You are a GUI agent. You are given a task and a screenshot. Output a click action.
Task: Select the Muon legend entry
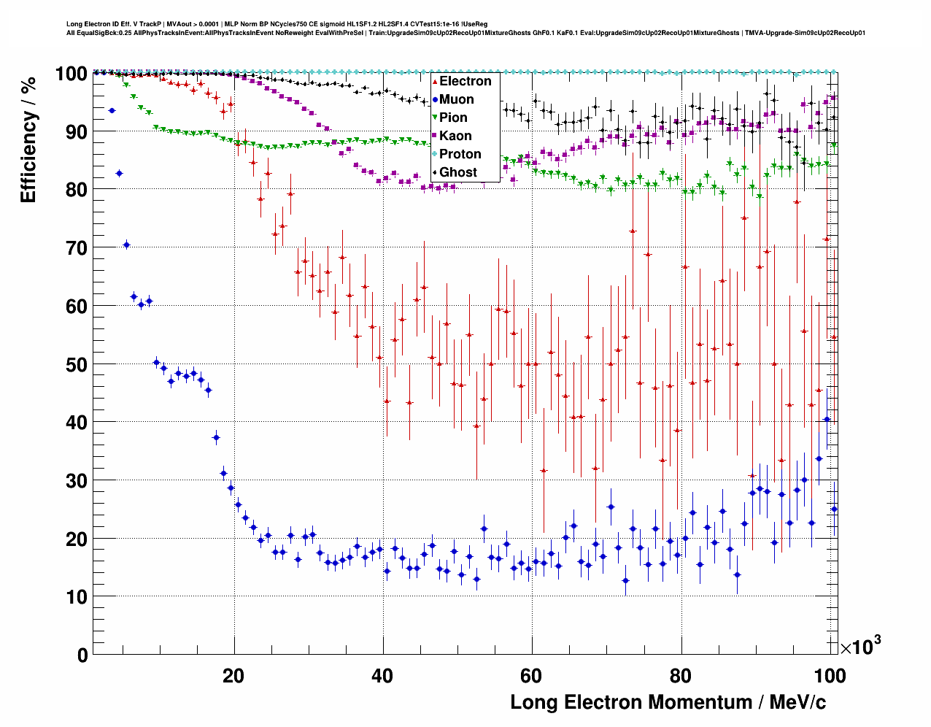pos(456,99)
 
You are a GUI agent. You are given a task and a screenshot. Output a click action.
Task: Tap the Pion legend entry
pos(453,118)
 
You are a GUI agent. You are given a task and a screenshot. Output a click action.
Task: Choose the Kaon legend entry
pos(455,136)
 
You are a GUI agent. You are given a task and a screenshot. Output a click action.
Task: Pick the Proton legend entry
pos(460,154)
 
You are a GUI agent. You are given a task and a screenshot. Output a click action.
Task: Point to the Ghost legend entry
pos(457,172)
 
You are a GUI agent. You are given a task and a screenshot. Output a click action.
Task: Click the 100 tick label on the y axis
pos(71,74)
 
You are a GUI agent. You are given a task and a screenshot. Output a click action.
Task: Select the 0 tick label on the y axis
pos(82,655)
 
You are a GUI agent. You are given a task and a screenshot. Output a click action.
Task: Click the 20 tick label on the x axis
pos(233,676)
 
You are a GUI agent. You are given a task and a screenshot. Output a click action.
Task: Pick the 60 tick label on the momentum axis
pos(531,676)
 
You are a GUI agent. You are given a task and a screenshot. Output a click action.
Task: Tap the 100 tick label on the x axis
pos(829,676)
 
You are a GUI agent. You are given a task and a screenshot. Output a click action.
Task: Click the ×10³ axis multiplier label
pos(860,645)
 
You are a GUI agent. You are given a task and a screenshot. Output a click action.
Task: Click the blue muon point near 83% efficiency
pos(119,173)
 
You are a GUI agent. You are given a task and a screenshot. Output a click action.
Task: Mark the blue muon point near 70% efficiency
pos(126,245)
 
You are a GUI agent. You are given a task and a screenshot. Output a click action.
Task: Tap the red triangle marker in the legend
pos(434,81)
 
